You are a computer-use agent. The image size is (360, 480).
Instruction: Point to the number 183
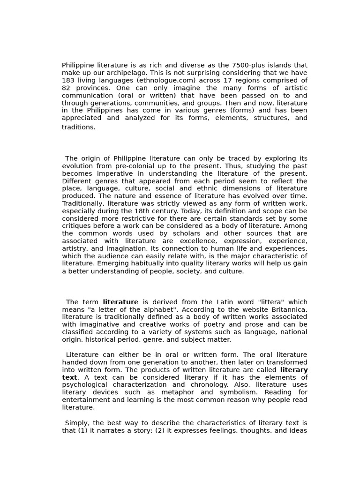click(68, 80)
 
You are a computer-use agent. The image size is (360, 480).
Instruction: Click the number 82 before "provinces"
click(66, 88)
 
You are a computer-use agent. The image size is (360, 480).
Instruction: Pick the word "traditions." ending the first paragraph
click(78, 127)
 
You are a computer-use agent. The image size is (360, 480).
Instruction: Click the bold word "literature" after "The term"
click(120, 302)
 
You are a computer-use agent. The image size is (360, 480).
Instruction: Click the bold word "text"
click(69, 377)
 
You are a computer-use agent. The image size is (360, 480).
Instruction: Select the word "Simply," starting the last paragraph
click(77, 423)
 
